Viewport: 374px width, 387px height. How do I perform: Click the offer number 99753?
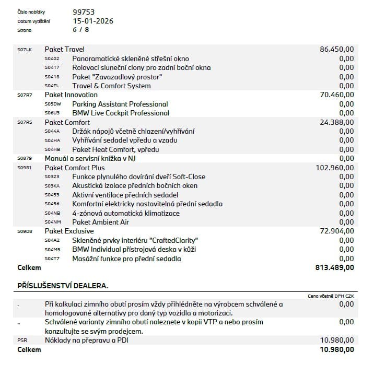click(84, 12)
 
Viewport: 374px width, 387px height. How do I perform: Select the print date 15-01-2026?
click(93, 21)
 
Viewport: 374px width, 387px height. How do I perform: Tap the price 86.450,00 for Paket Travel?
click(336, 49)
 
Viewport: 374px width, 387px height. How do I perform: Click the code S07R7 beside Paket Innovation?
click(25, 95)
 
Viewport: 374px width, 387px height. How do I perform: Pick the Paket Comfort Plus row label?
click(75, 168)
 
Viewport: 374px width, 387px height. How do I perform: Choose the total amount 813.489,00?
click(335, 267)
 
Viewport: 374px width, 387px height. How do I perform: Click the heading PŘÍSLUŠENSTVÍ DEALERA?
click(63, 286)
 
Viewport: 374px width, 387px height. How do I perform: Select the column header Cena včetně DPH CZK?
click(331, 296)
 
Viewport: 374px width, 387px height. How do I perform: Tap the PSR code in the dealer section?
click(22, 341)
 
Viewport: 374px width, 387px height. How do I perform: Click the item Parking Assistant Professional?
click(120, 104)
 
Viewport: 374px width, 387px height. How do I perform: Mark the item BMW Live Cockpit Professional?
click(121, 113)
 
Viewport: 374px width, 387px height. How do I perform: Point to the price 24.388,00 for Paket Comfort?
click(336, 122)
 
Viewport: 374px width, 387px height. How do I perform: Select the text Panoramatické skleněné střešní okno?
click(131, 58)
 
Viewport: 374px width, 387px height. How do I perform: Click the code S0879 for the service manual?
click(25, 158)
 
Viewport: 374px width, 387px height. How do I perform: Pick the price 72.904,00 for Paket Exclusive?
click(336, 231)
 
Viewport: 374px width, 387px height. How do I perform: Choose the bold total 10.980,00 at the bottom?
click(336, 349)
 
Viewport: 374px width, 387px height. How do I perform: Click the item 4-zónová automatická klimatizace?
click(126, 213)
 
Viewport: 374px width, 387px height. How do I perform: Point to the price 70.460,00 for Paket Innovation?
click(336, 95)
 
